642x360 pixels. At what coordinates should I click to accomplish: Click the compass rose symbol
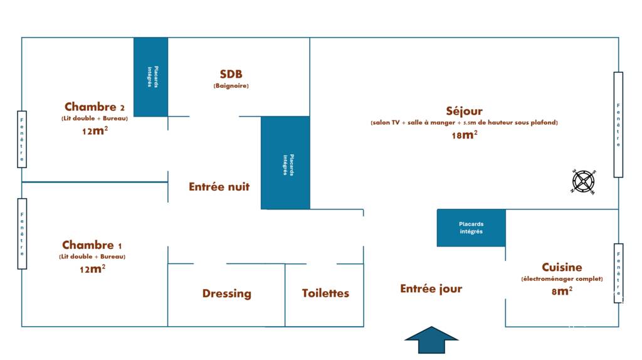point(584,181)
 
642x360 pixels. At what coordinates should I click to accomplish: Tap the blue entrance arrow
point(431,339)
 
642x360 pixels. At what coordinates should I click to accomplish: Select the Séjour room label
point(464,111)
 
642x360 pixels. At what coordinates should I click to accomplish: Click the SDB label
point(231,74)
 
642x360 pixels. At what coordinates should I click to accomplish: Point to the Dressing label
point(227,294)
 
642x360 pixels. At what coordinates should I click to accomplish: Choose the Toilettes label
point(325,294)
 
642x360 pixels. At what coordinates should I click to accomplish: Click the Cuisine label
point(562,267)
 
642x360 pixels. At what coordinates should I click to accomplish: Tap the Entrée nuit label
point(219,187)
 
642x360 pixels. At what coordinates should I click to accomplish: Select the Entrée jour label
point(431,289)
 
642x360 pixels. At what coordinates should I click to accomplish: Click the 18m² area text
point(465,135)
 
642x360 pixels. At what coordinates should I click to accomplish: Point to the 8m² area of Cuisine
point(562,291)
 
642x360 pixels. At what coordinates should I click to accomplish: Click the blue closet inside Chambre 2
point(150,77)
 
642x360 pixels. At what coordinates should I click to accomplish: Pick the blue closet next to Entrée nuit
point(285,162)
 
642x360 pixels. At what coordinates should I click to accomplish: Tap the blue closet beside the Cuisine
point(471,228)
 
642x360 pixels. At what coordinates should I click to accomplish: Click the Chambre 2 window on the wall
point(22,139)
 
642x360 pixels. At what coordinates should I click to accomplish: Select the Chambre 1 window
point(22,234)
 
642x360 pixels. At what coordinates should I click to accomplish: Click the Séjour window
point(618,125)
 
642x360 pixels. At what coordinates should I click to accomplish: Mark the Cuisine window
point(618,273)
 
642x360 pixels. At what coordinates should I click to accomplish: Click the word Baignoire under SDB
point(231,85)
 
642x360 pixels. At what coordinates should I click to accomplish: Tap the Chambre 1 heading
point(92,245)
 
